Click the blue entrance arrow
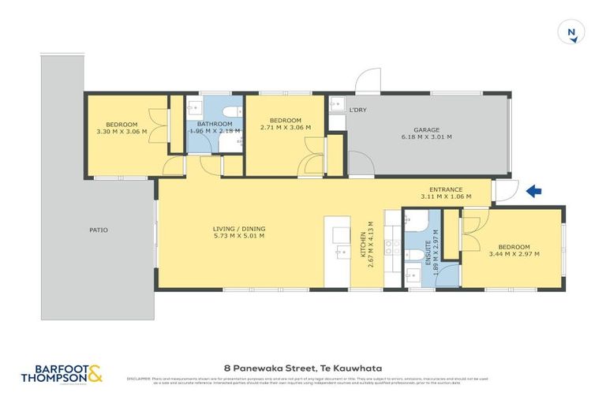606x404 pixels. tap(533, 190)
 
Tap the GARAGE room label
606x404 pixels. tap(426, 130)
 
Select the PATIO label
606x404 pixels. tap(99, 230)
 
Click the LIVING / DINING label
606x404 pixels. tap(238, 229)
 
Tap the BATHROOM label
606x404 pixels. tap(215, 125)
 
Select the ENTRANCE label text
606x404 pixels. tap(451, 190)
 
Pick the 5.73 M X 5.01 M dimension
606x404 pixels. tap(238, 236)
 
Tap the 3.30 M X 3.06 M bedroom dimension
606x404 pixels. tap(122, 132)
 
